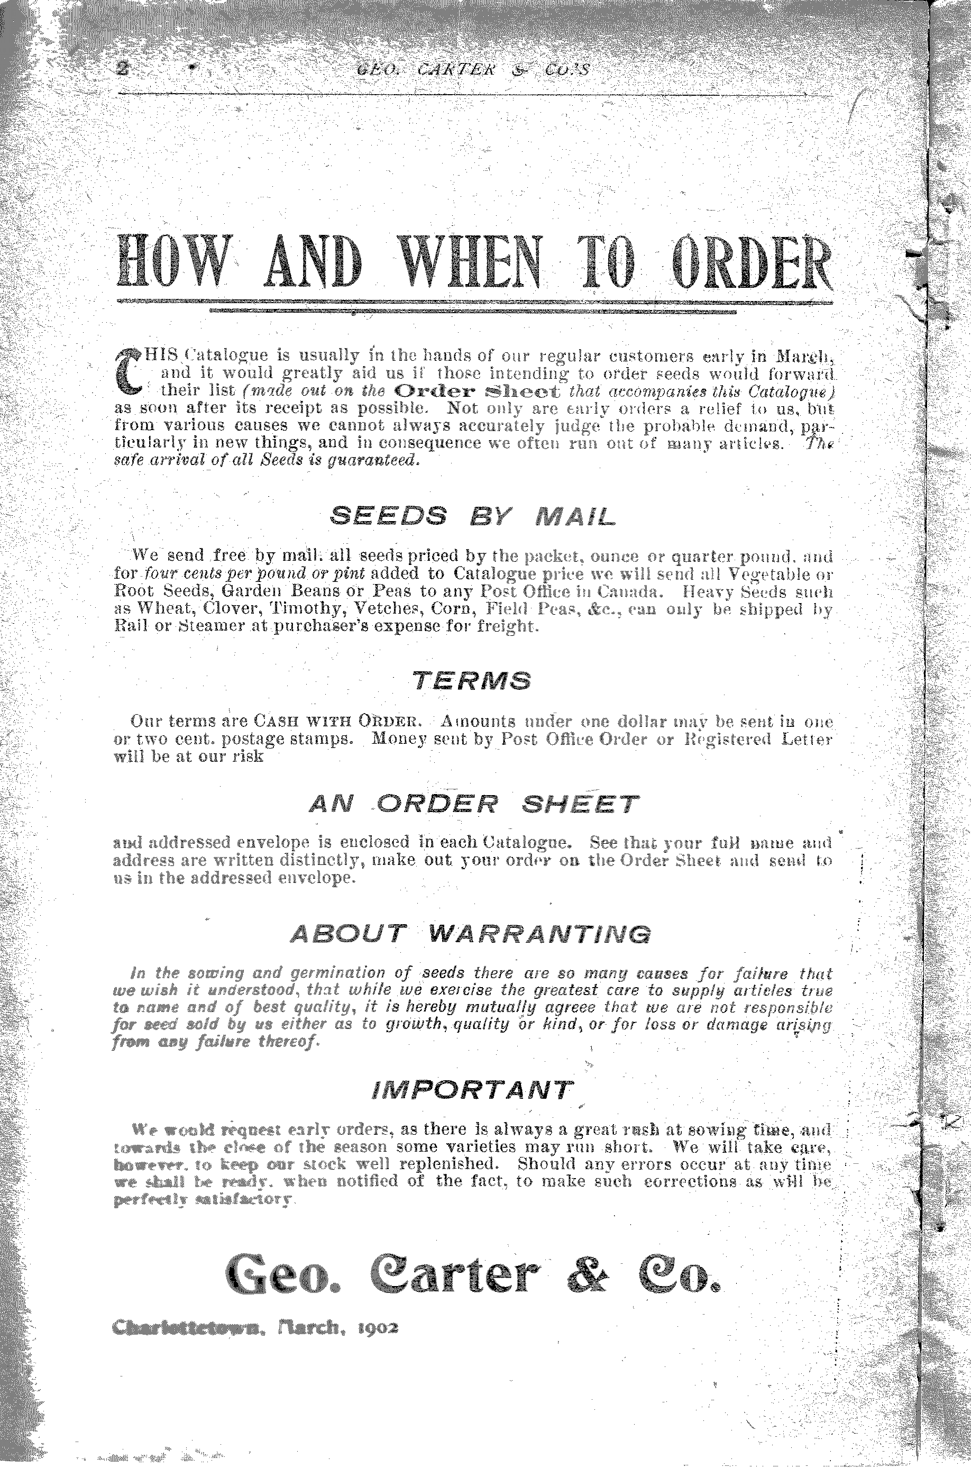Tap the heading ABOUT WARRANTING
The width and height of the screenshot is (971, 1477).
coord(471,933)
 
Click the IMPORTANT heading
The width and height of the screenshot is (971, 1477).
coord(472,1089)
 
